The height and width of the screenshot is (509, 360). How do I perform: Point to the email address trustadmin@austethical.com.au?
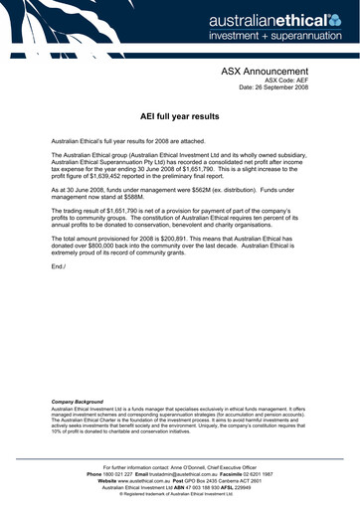coord(185,472)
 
